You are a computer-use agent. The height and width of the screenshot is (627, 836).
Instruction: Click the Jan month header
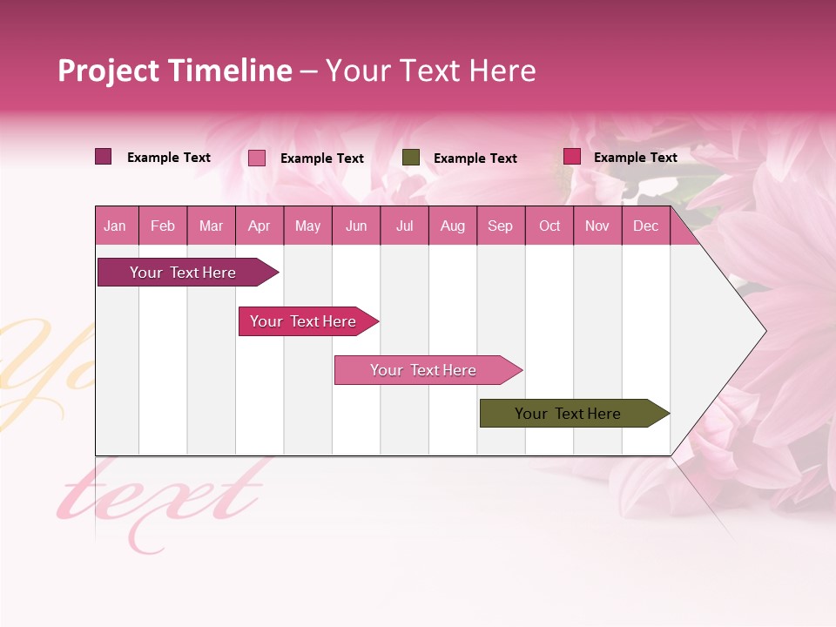115,226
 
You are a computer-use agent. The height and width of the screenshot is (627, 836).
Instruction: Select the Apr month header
260,226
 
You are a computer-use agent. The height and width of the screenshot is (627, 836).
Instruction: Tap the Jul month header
404,226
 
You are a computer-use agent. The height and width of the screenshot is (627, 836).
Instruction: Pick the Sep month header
500,226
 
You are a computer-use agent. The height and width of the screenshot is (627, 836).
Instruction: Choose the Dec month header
645,226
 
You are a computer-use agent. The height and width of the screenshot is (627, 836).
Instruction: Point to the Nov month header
597,226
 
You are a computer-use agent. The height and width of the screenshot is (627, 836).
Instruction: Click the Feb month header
163,226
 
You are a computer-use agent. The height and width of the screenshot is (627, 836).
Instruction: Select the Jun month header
356,226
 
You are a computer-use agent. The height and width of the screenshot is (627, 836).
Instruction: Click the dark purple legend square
104,157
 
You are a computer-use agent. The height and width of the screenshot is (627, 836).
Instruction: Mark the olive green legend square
411,158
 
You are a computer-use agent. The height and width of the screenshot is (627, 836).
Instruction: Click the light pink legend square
257,158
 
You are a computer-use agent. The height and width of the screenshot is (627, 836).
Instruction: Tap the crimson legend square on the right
572,157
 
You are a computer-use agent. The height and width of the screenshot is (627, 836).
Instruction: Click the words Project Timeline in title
175,71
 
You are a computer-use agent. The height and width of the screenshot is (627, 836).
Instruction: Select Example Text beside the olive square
475,158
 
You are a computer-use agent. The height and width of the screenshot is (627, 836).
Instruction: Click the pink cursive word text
161,501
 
